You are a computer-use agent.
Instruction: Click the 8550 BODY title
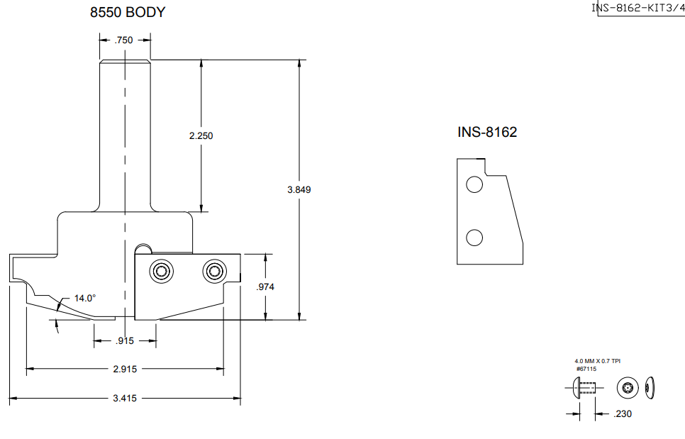click(133, 12)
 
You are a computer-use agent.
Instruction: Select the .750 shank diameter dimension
click(123, 41)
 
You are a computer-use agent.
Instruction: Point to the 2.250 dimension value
click(201, 135)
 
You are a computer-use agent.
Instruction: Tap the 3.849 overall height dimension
click(299, 190)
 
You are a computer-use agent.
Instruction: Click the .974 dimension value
click(264, 287)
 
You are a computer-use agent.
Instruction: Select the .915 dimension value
click(125, 342)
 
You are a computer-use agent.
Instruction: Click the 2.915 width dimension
click(124, 369)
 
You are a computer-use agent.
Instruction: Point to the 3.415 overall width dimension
click(124, 399)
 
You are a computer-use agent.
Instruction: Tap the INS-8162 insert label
click(487, 133)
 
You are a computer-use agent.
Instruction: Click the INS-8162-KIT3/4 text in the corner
click(637, 8)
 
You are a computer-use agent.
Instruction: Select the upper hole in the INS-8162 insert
click(474, 186)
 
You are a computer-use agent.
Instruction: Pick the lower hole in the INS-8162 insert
click(474, 238)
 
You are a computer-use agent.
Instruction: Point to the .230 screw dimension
click(622, 413)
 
